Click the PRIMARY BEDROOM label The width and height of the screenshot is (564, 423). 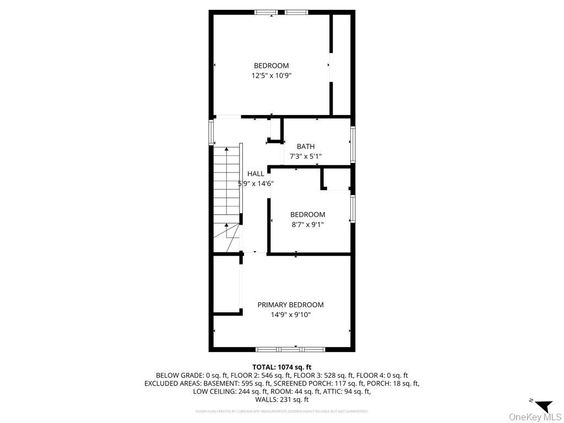click(x=290, y=305)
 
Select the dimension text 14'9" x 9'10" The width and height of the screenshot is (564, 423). click(x=290, y=315)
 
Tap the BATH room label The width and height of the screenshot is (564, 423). click(x=306, y=147)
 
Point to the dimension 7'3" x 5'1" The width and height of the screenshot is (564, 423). click(x=306, y=156)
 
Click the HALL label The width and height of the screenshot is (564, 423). click(x=255, y=173)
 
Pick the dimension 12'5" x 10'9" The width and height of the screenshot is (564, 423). click(x=271, y=75)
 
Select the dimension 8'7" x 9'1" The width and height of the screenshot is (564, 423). click(x=307, y=224)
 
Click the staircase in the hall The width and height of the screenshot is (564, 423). click(x=226, y=187)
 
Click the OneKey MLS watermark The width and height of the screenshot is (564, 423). click(x=534, y=416)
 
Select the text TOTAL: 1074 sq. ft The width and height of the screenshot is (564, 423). click(x=281, y=367)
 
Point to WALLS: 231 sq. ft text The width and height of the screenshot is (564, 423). click(x=281, y=400)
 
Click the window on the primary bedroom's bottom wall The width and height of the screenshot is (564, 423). click(x=290, y=349)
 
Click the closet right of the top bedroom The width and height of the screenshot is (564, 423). click(x=341, y=63)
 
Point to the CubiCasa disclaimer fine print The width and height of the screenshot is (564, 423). click(x=281, y=411)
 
